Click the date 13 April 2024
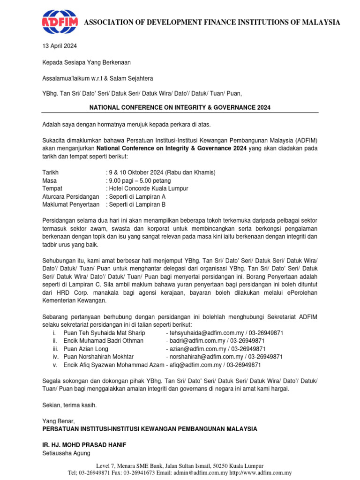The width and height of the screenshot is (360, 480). pyautogui.click(x=60, y=46)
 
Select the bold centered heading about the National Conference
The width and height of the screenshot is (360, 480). pyautogui.click(x=180, y=107)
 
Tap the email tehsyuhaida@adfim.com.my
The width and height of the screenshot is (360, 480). pyautogui.click(x=210, y=333)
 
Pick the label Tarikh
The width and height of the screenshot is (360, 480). pyautogui.click(x=51, y=172)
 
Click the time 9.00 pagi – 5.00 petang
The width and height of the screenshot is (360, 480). pyautogui.click(x=140, y=180)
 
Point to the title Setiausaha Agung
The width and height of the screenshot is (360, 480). pyautogui.click(x=66, y=453)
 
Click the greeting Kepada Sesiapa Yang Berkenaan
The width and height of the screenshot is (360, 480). pyautogui.click(x=86, y=62)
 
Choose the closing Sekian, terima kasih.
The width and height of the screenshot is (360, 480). pyautogui.click(x=69, y=405)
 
